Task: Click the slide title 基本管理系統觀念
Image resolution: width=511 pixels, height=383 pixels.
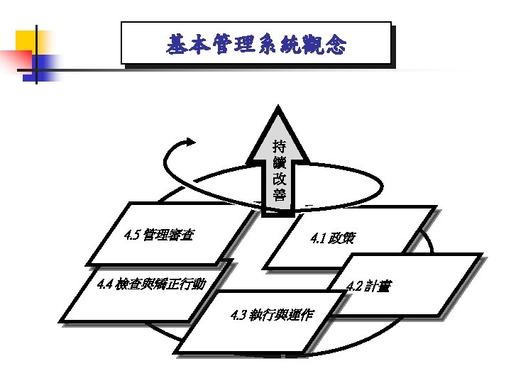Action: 256,45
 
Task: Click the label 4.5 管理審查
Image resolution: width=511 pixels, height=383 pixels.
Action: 160,235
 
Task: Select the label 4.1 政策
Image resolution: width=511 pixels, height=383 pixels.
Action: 333,239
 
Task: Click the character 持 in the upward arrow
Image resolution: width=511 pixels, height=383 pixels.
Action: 279,148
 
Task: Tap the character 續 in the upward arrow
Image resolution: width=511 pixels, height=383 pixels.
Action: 279,164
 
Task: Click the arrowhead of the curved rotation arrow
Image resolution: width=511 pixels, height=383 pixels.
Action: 189,142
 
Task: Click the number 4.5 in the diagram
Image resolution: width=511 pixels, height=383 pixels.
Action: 131,235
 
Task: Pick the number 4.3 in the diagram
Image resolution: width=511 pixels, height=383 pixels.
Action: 238,315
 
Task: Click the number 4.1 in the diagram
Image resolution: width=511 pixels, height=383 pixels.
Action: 318,239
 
